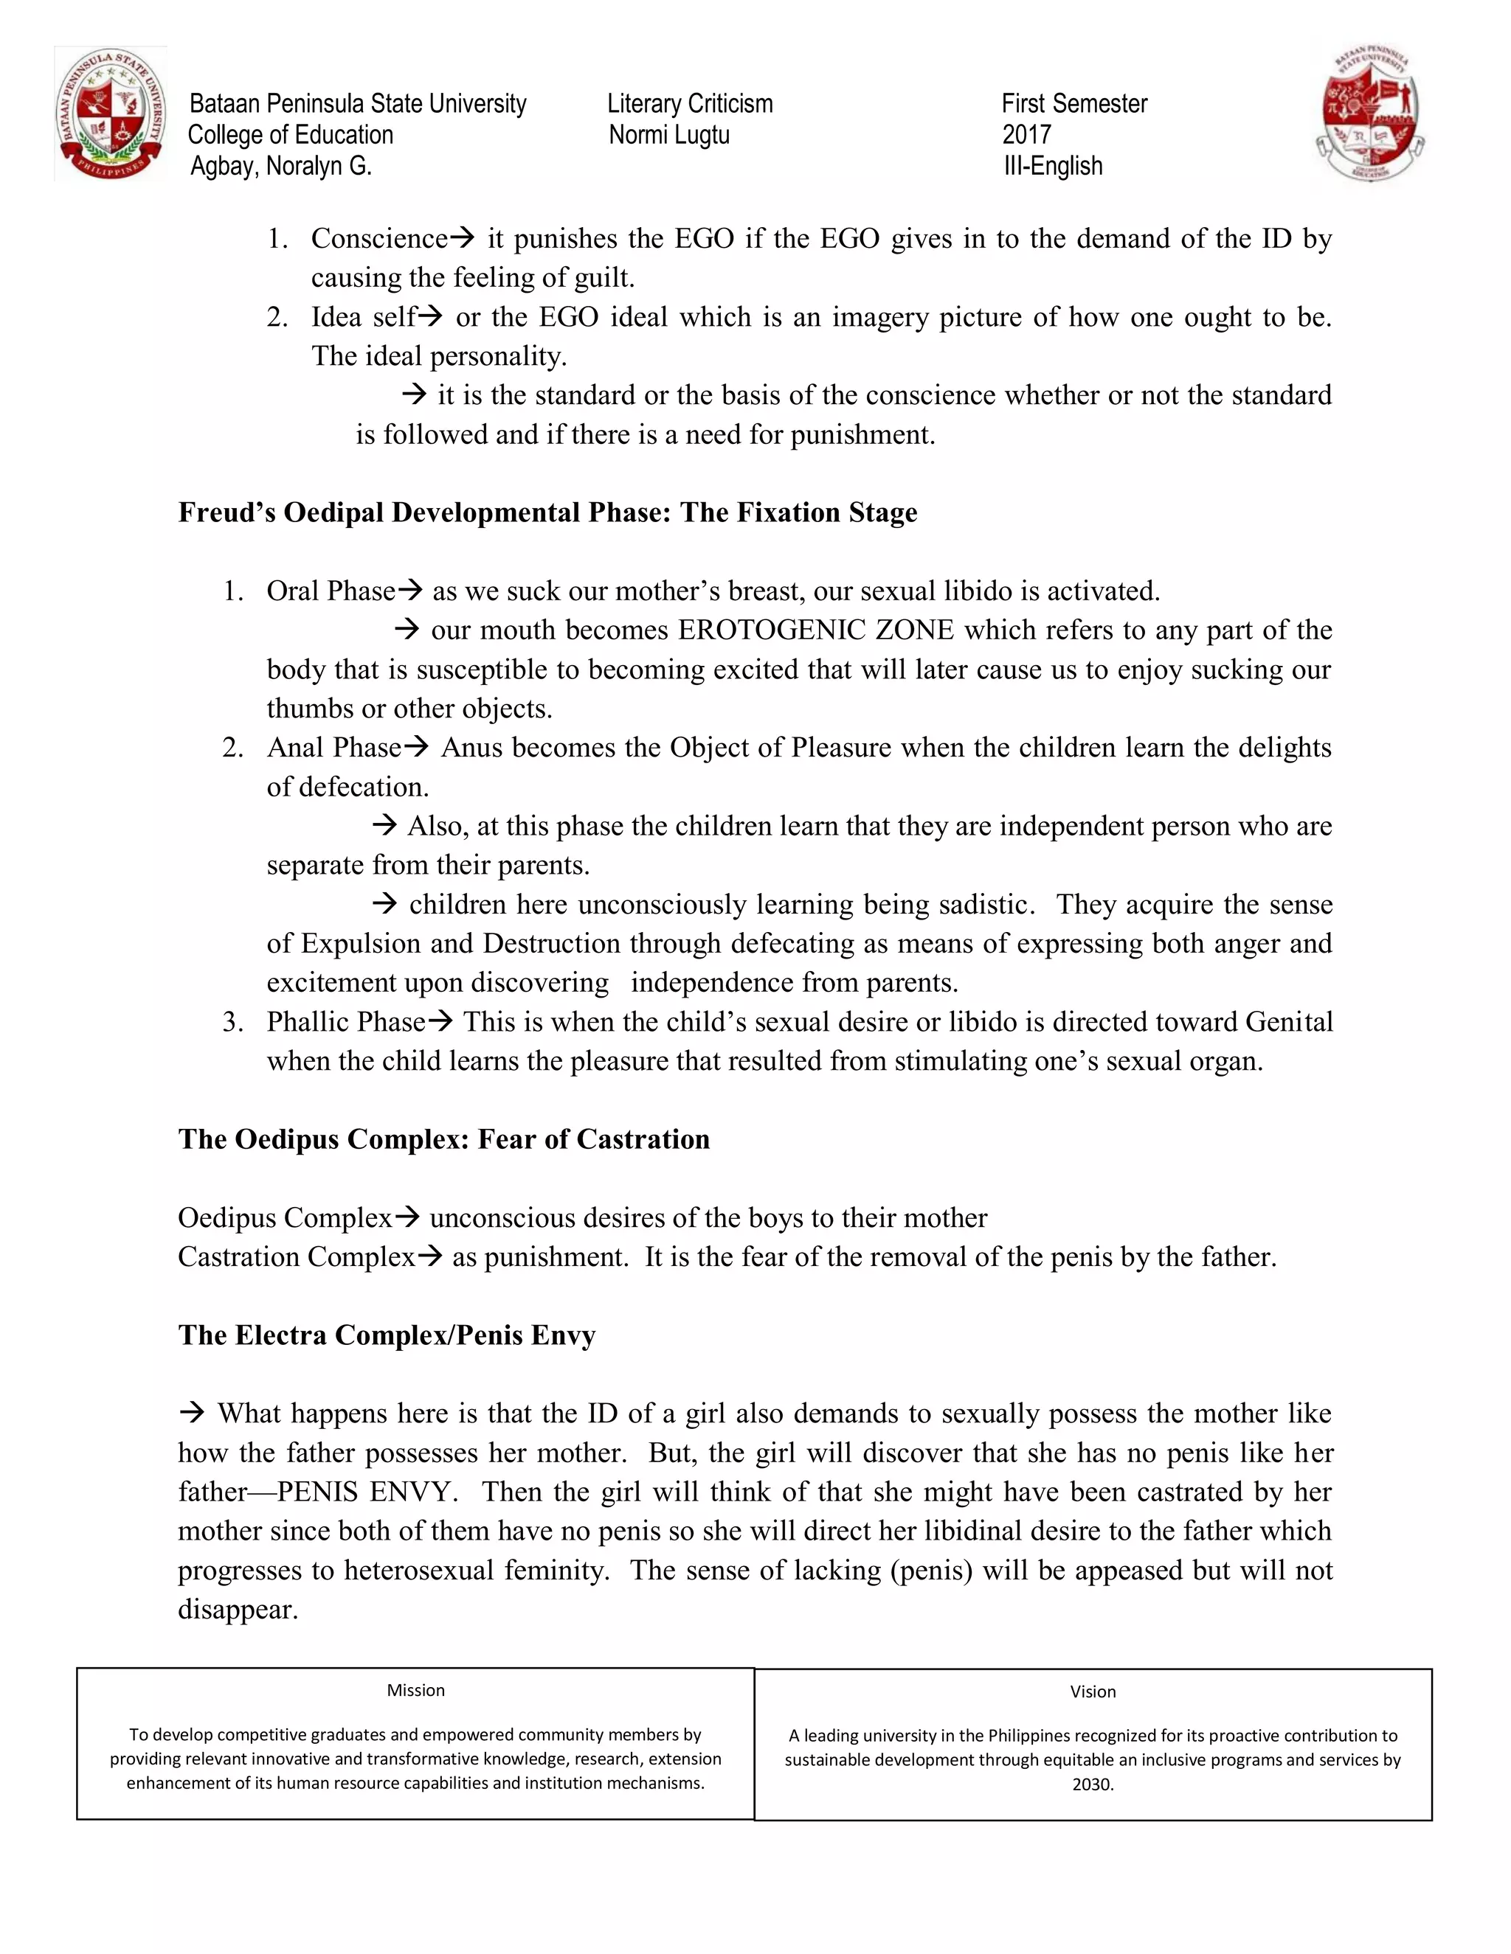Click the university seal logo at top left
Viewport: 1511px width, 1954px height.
(110, 114)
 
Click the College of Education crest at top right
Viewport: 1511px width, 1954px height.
(1369, 114)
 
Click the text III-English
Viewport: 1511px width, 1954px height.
(1052, 167)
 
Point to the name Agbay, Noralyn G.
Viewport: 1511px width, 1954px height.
(280, 167)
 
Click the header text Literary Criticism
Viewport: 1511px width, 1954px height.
(689, 104)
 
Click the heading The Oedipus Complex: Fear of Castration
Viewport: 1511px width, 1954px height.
(443, 1139)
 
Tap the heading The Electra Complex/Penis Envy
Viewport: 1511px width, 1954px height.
(386, 1335)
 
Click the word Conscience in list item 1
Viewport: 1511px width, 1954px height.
(378, 239)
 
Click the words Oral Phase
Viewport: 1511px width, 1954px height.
(331, 591)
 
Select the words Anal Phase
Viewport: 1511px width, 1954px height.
(333, 748)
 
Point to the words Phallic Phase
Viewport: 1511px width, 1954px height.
(345, 1022)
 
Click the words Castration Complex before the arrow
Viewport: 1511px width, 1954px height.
(295, 1257)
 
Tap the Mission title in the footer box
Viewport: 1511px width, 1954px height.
(415, 1690)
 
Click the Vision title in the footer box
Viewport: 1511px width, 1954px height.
(1092, 1692)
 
